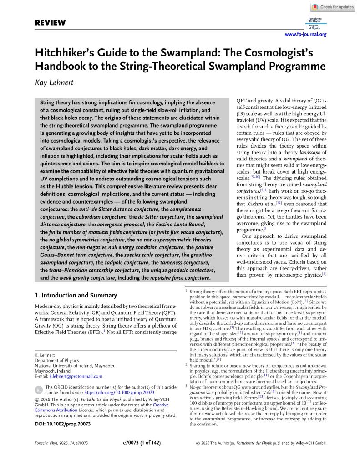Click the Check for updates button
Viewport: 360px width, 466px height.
coord(334,7)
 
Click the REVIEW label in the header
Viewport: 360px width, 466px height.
coord(50,23)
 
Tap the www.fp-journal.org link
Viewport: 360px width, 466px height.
coord(305,34)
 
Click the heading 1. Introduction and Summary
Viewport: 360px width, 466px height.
coord(76,295)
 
